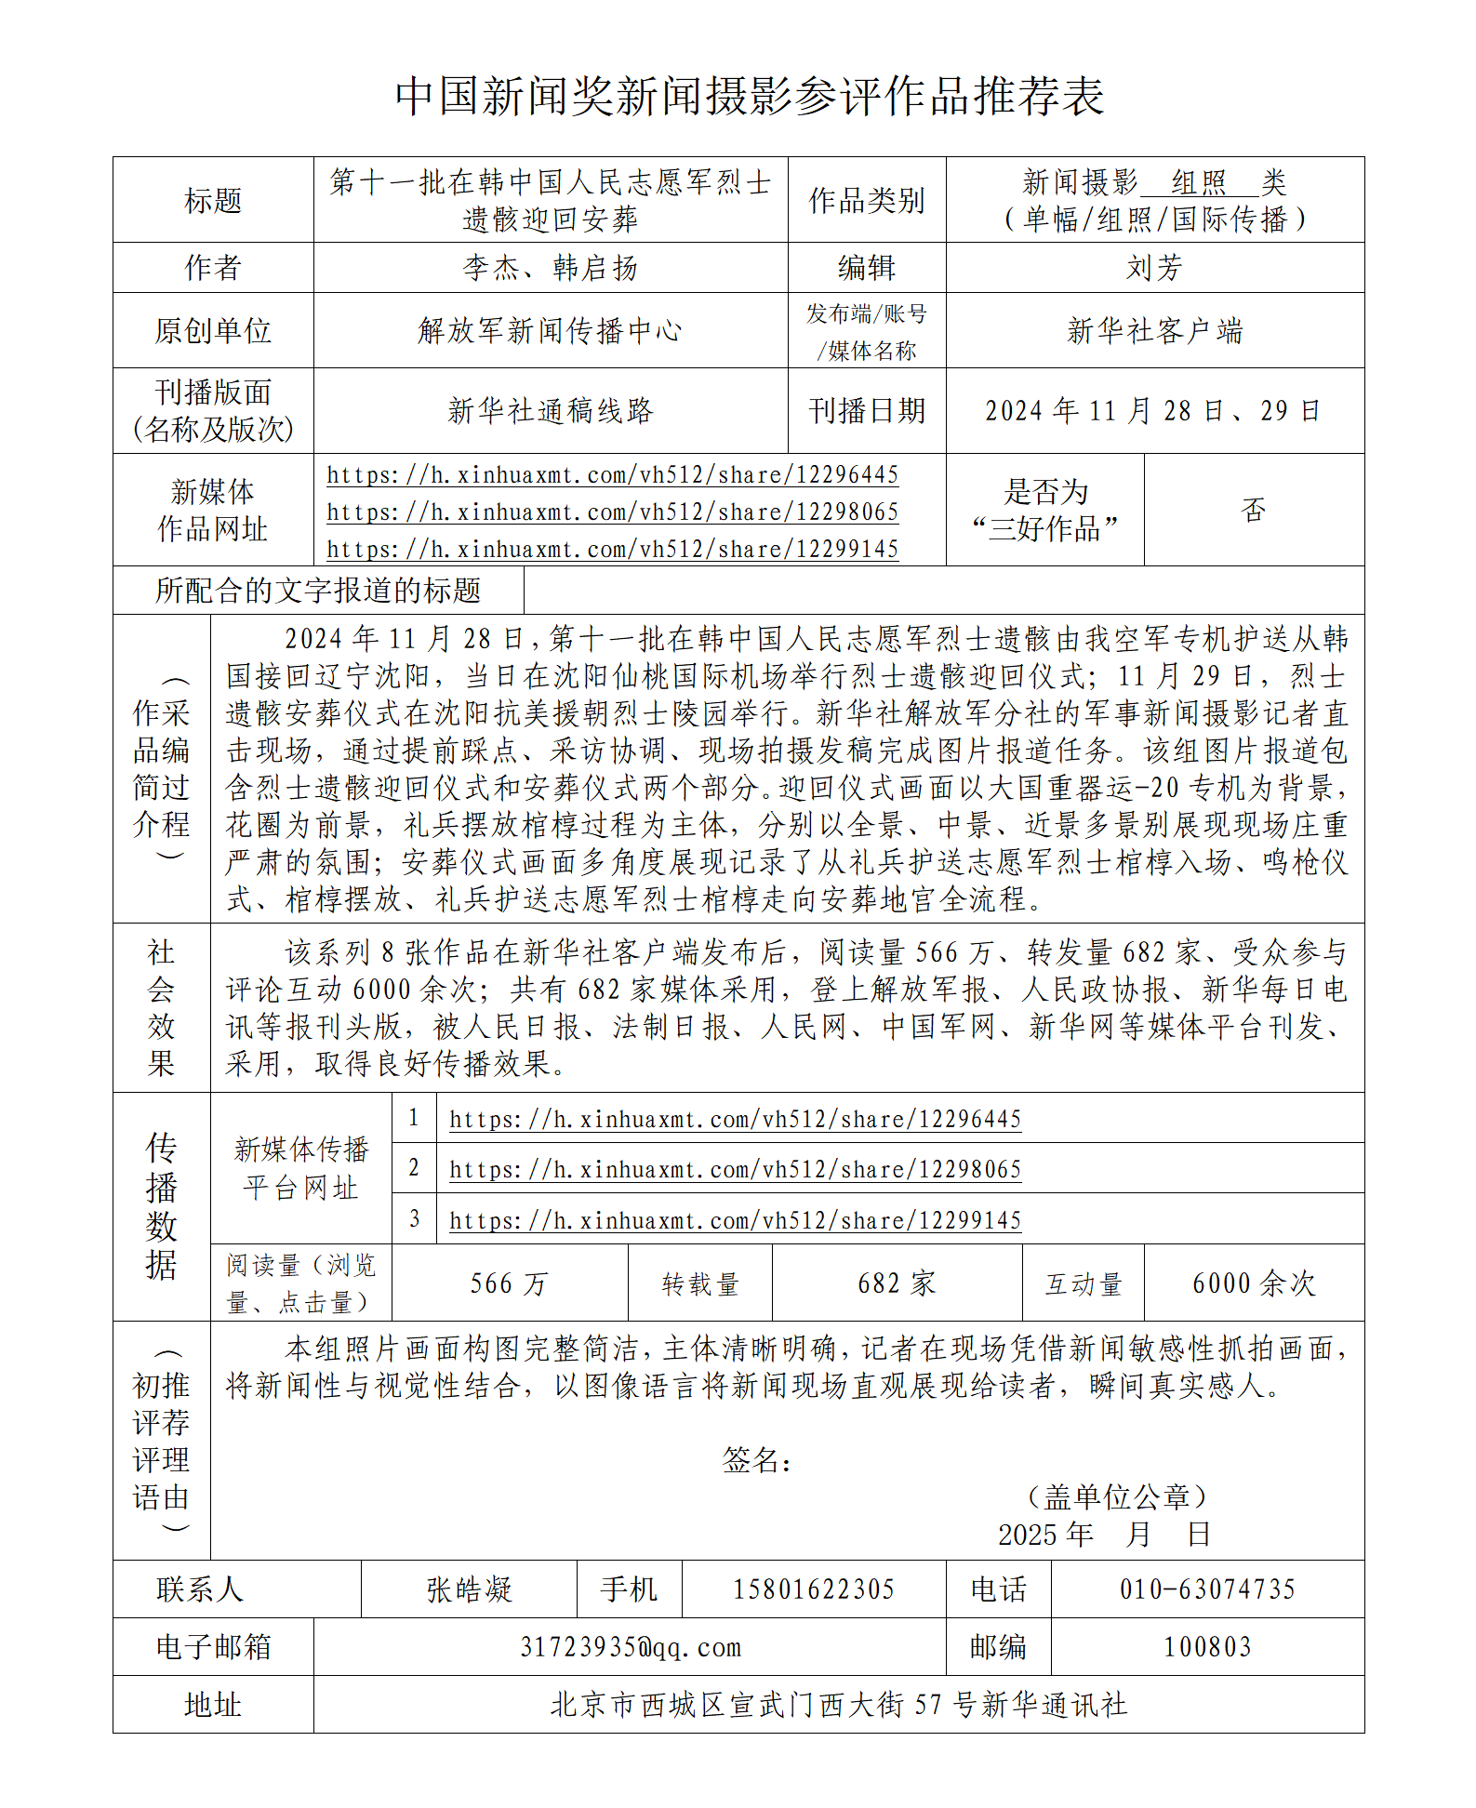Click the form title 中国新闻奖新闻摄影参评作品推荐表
click(749, 96)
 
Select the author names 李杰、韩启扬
click(550, 268)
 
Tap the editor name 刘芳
click(1154, 268)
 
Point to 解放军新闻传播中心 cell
click(550, 330)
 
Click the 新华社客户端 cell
click(1154, 330)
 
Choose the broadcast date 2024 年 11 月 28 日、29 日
click(1153, 410)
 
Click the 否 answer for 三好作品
click(1253, 509)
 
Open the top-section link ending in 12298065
click(612, 512)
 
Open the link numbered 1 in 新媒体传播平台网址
click(735, 1119)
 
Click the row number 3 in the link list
click(414, 1218)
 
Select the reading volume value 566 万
click(509, 1283)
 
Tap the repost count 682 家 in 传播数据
click(896, 1283)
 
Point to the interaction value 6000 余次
click(1253, 1283)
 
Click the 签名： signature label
click(757, 1459)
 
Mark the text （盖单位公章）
click(1116, 1496)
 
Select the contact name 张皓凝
click(469, 1589)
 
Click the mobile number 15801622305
click(813, 1589)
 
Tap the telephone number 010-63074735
click(1207, 1589)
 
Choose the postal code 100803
click(1207, 1647)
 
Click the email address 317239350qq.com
click(630, 1647)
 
